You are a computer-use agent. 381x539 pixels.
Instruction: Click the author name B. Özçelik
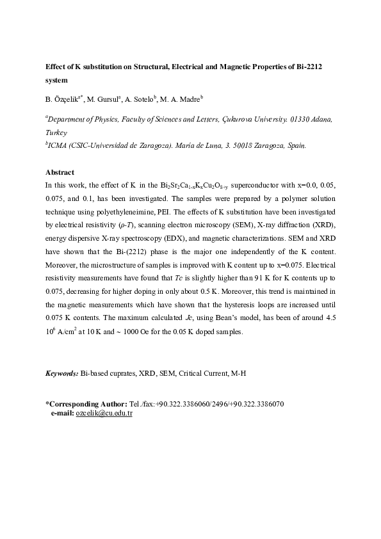(x=63, y=99)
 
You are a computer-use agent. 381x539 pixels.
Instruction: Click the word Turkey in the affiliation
(x=56, y=133)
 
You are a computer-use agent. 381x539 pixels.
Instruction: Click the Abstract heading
(x=60, y=172)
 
